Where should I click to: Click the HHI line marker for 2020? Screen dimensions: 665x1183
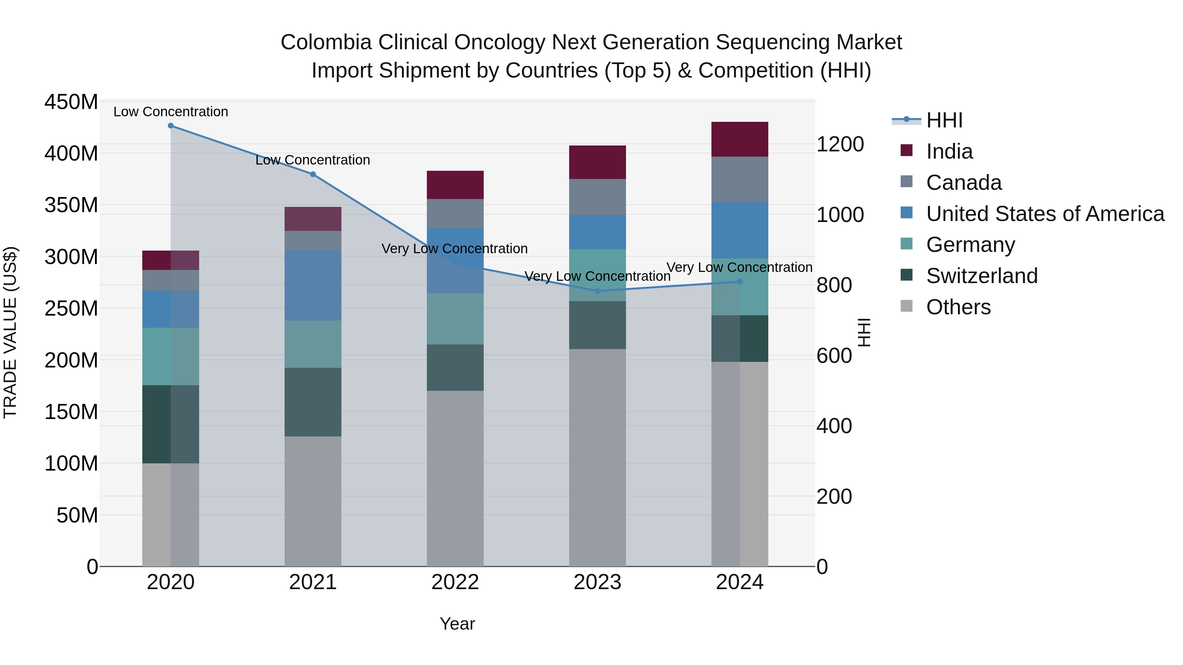pyautogui.click(x=171, y=126)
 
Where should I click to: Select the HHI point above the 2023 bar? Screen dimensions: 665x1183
pyautogui.click(x=597, y=291)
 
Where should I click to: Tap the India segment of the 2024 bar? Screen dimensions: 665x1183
pyautogui.click(x=739, y=140)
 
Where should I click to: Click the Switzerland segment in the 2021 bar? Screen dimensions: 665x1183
pyautogui.click(x=313, y=402)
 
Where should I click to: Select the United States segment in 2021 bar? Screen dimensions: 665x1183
pyautogui.click(x=313, y=285)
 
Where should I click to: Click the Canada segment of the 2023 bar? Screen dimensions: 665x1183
pyautogui.click(x=597, y=197)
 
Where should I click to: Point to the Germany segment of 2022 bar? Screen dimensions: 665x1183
pyautogui.click(x=455, y=319)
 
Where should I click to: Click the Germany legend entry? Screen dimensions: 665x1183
pyautogui.click(x=970, y=245)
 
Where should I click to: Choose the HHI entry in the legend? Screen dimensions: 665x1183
pyautogui.click(x=944, y=120)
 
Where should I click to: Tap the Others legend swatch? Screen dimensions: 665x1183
pyautogui.click(x=907, y=306)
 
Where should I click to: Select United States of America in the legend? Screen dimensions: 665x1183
pyautogui.click(x=1045, y=214)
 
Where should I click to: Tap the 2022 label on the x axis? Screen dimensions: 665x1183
pyautogui.click(x=455, y=582)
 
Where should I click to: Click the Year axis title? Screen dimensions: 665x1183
pyautogui.click(x=457, y=624)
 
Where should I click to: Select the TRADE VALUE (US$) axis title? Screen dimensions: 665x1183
pyautogui.click(x=10, y=333)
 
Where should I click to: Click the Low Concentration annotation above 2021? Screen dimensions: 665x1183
pyautogui.click(x=313, y=160)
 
